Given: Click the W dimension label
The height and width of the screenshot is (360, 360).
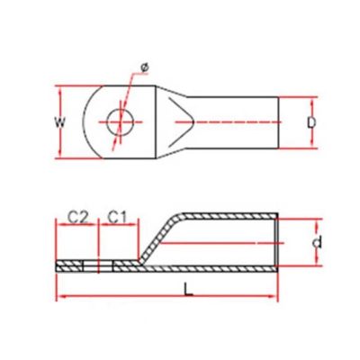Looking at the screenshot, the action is click(x=60, y=122).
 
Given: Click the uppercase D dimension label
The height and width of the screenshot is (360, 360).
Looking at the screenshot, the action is click(x=311, y=122).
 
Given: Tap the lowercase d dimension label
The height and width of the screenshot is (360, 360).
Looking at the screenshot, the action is click(x=317, y=242).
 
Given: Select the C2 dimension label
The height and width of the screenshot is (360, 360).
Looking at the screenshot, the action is click(x=76, y=218).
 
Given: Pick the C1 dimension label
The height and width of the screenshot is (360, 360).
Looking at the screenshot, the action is click(x=118, y=218).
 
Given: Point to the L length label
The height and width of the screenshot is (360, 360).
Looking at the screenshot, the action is click(x=188, y=290).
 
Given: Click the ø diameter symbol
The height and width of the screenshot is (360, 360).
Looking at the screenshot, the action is click(x=145, y=67).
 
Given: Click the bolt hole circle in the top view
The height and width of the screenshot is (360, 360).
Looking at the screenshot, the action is click(x=121, y=122).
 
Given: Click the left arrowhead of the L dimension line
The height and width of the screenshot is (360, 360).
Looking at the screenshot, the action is click(x=59, y=296).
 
